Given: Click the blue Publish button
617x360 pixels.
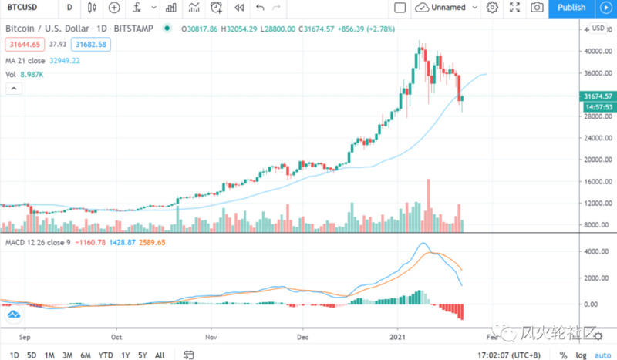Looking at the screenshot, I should (571, 8).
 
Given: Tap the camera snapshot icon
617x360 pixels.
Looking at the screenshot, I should (537, 8).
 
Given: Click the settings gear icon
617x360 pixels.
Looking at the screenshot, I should (493, 8).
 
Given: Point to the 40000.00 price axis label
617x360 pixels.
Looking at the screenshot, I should (598, 52).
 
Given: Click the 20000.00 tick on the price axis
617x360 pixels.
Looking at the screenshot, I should (598, 160).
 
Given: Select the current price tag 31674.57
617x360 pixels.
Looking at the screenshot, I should (598, 96).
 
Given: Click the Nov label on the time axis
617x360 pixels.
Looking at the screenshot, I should (211, 337).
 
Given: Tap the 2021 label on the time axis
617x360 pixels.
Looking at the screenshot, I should (397, 337).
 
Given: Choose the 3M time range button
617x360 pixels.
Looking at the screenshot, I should (68, 355).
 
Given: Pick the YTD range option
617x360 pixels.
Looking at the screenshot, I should (104, 355).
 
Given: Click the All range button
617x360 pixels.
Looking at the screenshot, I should (159, 355).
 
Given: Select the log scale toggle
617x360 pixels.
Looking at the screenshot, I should (581, 355).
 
